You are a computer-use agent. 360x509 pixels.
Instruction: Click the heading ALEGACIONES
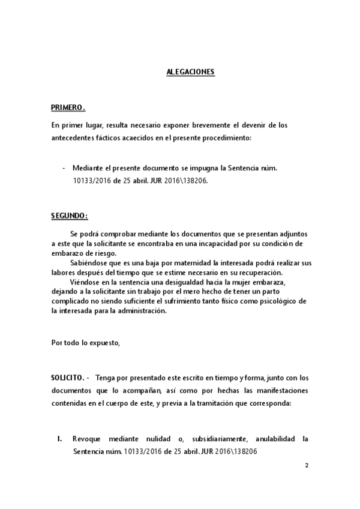coord(190,73)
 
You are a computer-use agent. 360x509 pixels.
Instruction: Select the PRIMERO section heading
coord(68,108)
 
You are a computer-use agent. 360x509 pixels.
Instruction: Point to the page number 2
coord(307,465)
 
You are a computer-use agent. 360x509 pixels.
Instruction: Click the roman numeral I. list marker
coord(60,439)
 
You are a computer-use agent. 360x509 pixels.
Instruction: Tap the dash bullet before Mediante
coord(64,168)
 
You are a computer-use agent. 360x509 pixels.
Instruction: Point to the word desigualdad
coord(198,282)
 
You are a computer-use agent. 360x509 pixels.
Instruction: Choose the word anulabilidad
coord(266,439)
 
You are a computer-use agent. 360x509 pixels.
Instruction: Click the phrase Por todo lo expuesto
coord(85,343)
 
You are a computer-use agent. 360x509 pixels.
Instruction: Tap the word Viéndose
coord(85,282)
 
